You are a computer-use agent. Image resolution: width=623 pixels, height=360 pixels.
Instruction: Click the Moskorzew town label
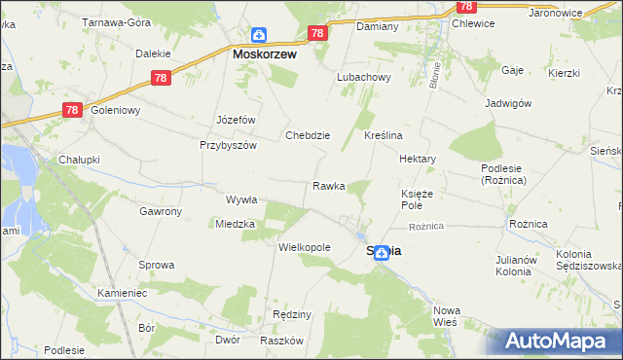coord(264,55)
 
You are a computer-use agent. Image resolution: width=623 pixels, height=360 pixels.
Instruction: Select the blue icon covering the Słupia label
coord(383,252)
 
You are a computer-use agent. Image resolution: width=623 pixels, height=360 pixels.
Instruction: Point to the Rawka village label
coord(328,186)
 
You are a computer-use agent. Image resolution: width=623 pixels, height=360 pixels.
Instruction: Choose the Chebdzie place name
coord(308,135)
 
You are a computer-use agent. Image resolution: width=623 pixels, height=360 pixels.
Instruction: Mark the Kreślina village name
coord(384,135)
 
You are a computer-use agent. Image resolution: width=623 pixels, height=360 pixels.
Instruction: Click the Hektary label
coord(417,158)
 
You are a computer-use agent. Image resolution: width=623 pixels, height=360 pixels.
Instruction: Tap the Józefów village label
coord(236,120)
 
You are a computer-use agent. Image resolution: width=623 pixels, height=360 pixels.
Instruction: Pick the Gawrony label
coord(160,211)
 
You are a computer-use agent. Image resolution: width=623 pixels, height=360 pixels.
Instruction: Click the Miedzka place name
coord(235,224)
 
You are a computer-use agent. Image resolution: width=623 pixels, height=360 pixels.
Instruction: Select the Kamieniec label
coord(122,292)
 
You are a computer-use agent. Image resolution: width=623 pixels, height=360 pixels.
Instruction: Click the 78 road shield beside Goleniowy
coord(72,110)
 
